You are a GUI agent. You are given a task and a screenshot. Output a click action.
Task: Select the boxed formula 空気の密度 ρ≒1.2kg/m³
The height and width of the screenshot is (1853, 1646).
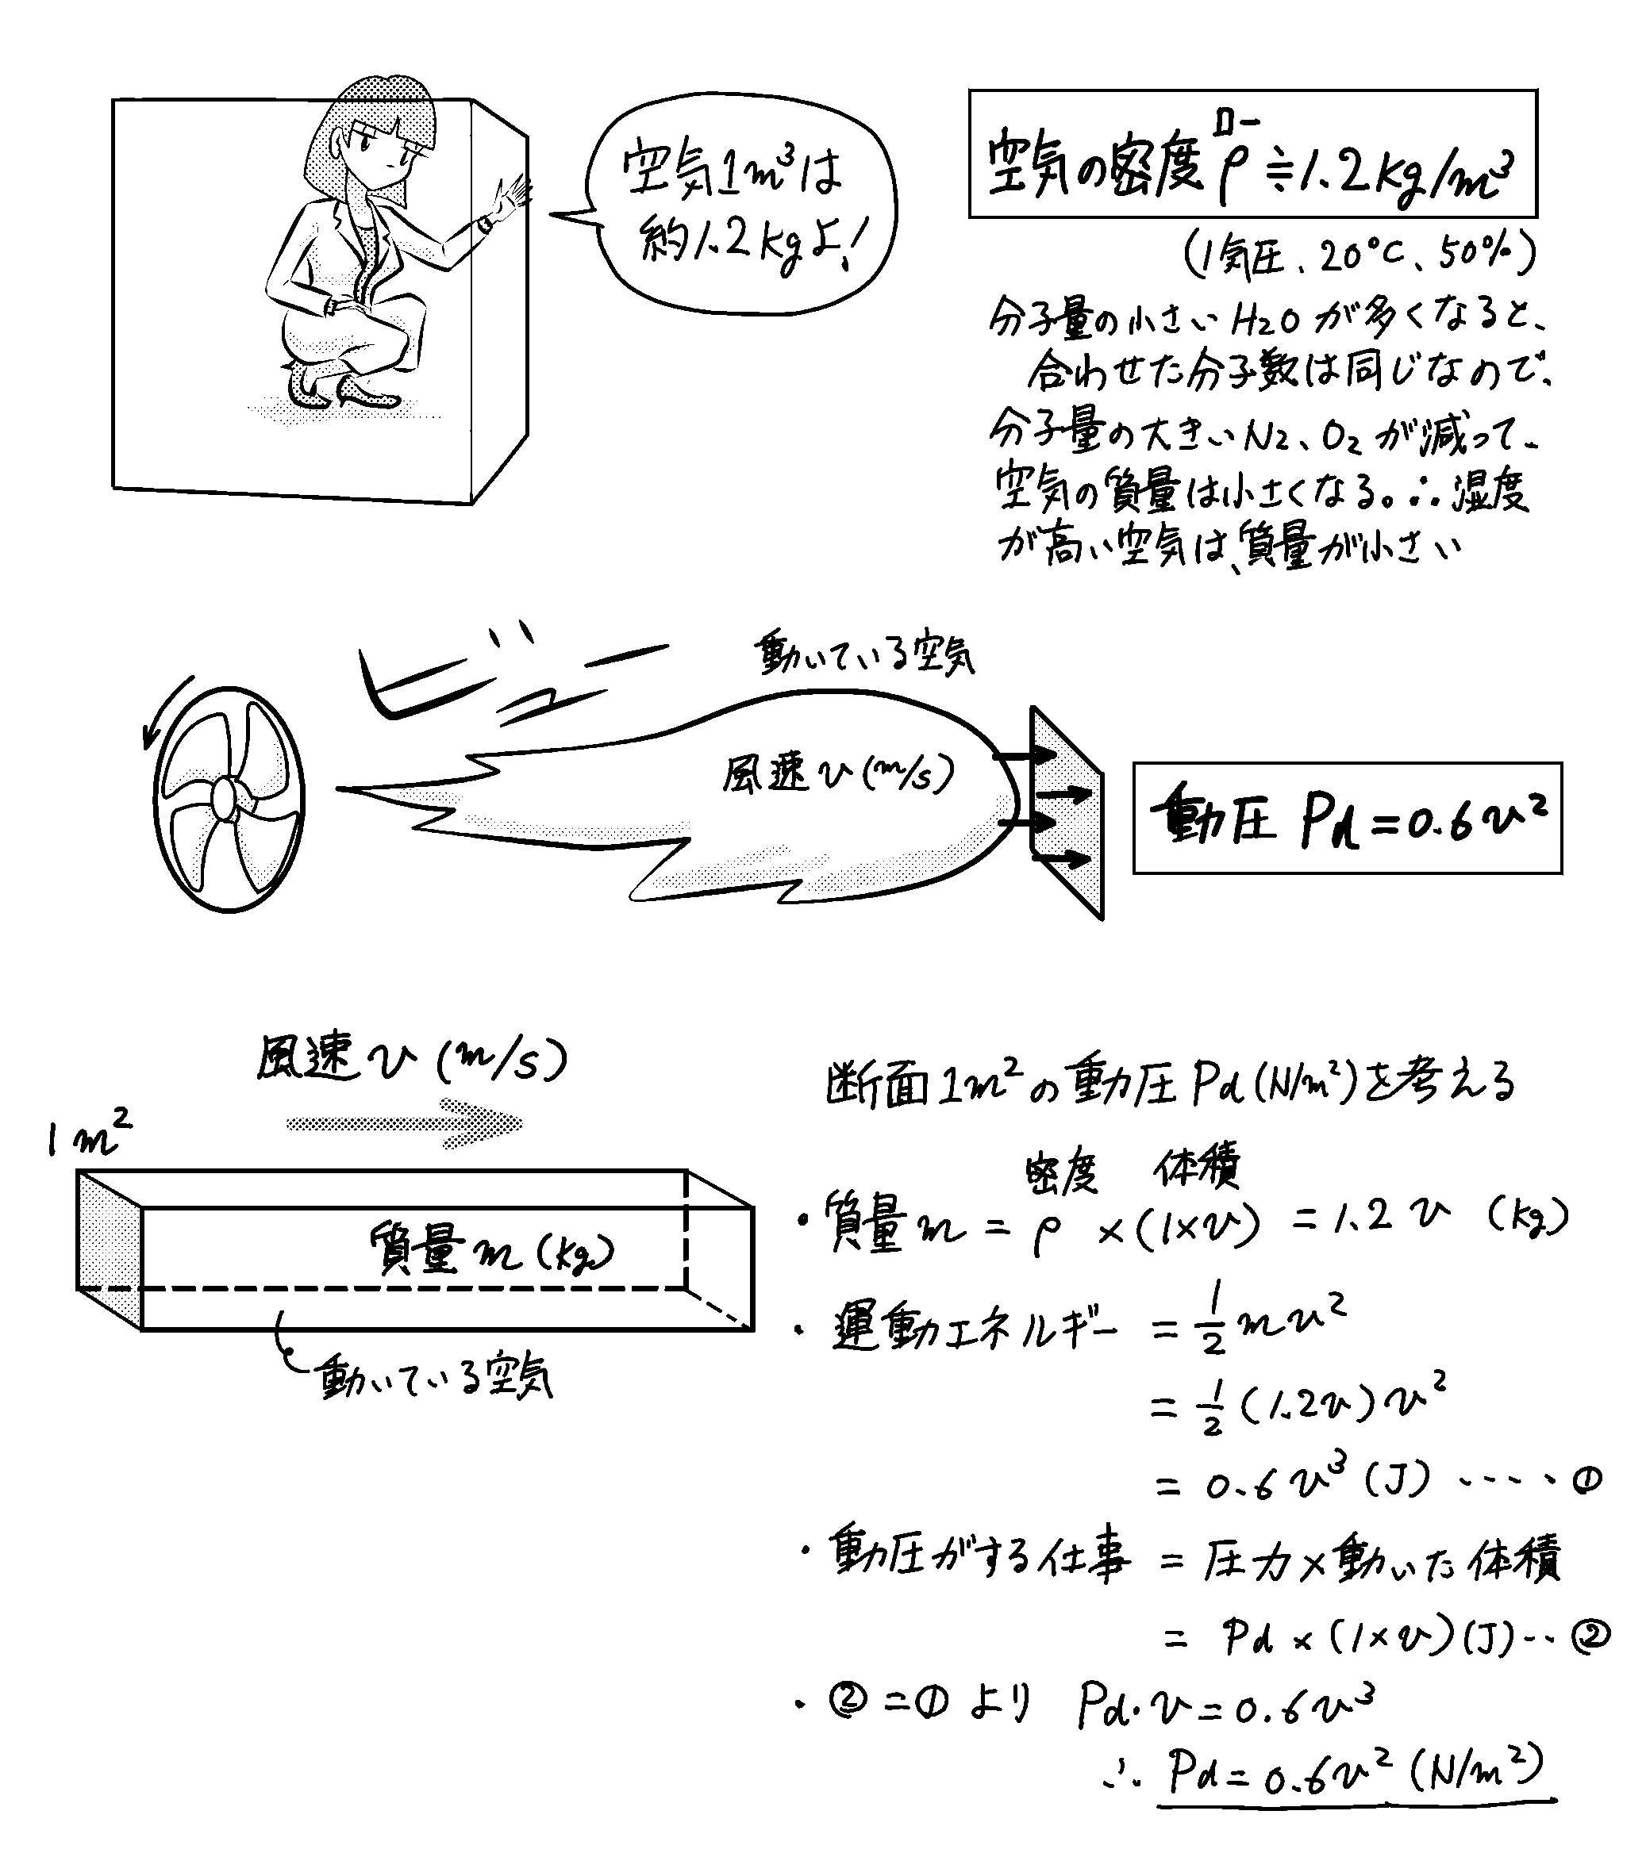pyautogui.click(x=1253, y=154)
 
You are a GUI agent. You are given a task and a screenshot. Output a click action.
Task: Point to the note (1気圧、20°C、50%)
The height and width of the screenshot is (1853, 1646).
pyautogui.click(x=1359, y=255)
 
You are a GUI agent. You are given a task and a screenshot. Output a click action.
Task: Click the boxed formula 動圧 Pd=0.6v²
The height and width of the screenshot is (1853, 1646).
pyautogui.click(x=1348, y=818)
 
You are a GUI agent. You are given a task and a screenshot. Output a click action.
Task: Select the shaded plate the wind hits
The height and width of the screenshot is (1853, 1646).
pyautogui.click(x=1067, y=812)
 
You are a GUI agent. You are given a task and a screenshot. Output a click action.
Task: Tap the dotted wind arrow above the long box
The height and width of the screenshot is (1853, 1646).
pyautogui.click(x=405, y=1124)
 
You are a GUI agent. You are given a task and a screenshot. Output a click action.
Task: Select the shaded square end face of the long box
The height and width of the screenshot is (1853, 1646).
pyautogui.click(x=109, y=1251)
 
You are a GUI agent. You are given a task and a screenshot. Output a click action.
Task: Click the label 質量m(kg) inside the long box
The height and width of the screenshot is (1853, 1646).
pyautogui.click(x=490, y=1251)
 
